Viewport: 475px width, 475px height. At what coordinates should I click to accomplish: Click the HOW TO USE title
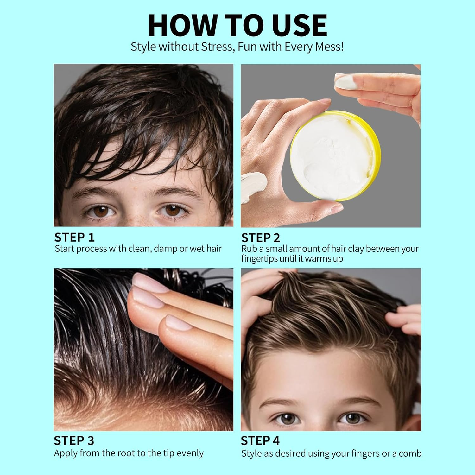237,25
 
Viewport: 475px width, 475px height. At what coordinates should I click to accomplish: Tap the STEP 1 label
74,237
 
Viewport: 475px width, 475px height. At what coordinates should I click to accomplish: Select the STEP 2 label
261,238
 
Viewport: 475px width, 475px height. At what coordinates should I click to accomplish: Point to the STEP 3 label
74,440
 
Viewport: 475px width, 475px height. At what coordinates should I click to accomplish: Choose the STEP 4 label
260,440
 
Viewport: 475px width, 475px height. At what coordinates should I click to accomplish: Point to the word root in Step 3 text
127,453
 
